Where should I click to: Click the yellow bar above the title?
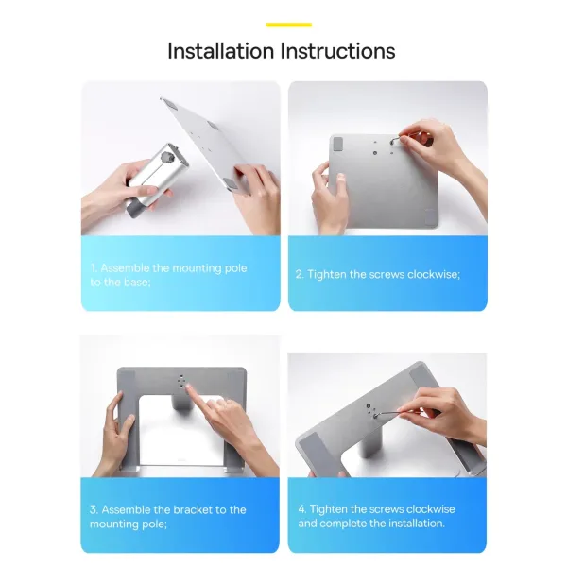coord(289,25)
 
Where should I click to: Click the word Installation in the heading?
coord(220,51)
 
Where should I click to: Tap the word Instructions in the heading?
coord(337,51)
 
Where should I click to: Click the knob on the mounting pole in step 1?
coord(166,157)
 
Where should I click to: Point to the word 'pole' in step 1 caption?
coord(235,268)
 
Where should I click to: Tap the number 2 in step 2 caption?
coord(299,274)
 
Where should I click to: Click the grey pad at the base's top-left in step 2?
coord(338,144)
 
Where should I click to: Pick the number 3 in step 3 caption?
coord(94,510)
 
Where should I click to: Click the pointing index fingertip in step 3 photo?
coord(188,388)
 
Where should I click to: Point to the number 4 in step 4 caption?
coord(302,509)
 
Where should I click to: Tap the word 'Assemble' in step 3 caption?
coord(127,510)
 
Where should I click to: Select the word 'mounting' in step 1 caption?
coord(198,268)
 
